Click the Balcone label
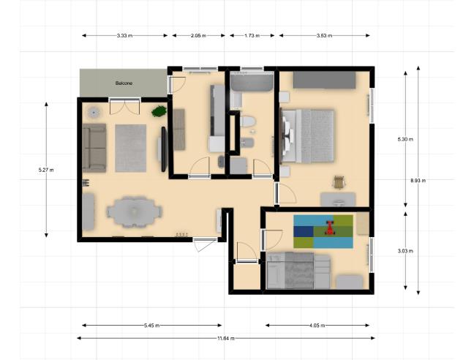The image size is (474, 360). [x=124, y=83]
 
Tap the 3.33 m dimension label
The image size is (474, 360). [x=124, y=36]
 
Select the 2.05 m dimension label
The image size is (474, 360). [x=198, y=36]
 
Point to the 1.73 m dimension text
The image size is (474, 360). [x=252, y=36]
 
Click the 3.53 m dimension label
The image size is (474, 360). [x=324, y=36]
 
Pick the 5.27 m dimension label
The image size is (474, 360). [x=46, y=170]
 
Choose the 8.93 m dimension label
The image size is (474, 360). [x=418, y=181]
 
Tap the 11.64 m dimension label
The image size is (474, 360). [x=226, y=339]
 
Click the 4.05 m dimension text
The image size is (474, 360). [x=317, y=326]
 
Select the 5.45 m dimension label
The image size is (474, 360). [x=151, y=326]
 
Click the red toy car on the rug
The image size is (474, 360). [x=330, y=228]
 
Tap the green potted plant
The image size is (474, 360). [x=159, y=111]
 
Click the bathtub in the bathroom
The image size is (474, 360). [x=252, y=82]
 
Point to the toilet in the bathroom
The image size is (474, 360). [x=248, y=121]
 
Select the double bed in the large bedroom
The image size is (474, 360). [x=308, y=136]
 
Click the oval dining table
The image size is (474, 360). [x=134, y=212]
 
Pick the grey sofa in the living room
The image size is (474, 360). [x=94, y=148]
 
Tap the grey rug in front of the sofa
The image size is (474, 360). [x=131, y=148]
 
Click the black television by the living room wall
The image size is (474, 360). [x=164, y=149]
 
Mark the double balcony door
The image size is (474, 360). [x=124, y=106]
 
